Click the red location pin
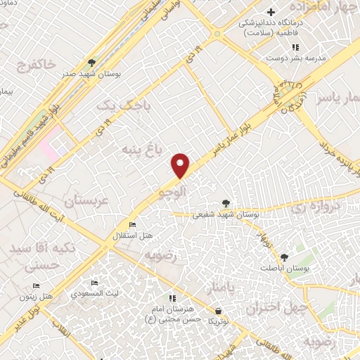click(x=181, y=165)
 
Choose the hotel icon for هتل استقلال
click(x=131, y=225)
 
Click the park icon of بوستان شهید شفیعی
click(x=226, y=202)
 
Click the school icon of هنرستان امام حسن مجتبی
click(x=173, y=298)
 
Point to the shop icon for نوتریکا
click(x=219, y=310)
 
